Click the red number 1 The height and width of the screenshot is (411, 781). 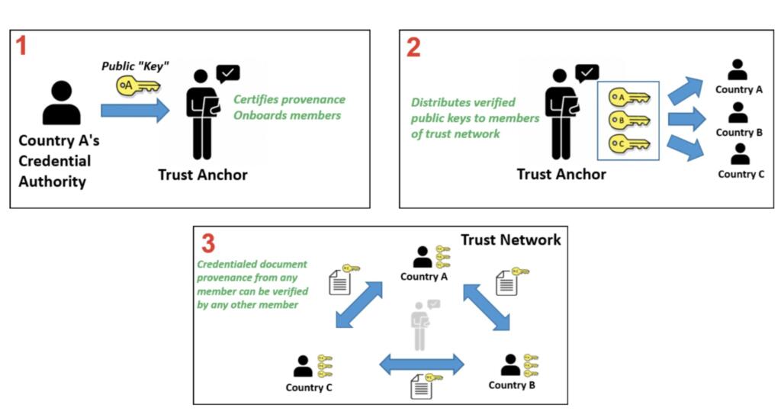click(22, 47)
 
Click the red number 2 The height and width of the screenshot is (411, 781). click(413, 47)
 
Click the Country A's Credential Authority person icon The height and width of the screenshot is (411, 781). click(62, 103)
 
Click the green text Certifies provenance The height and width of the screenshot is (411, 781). click(289, 99)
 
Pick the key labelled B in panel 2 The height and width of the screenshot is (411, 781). click(628, 120)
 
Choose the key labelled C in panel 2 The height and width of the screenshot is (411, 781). click(628, 144)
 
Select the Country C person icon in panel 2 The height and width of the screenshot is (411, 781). click(739, 155)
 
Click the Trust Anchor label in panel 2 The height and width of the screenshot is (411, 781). click(561, 175)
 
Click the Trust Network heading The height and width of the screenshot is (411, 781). click(510, 239)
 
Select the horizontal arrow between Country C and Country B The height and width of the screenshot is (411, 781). click(422, 364)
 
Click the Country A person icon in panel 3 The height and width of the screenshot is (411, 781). click(422, 257)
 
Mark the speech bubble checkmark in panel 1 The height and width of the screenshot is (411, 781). click(228, 73)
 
